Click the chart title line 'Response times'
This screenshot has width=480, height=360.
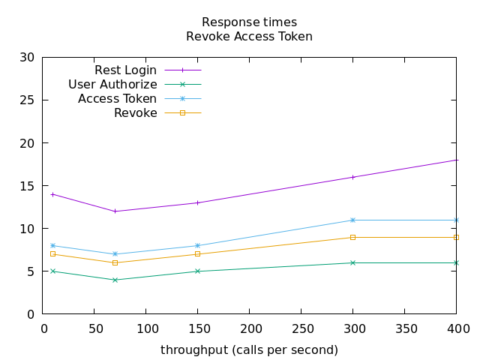[249, 22]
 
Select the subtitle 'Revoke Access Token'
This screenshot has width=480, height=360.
[249, 36]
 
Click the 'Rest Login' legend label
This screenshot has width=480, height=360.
[126, 70]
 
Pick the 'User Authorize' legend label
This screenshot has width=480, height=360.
[112, 85]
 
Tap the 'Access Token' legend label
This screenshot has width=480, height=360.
[117, 99]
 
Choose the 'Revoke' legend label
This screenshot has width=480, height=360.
[136, 113]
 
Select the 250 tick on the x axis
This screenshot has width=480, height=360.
[301, 328]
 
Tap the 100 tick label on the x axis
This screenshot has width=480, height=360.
[146, 328]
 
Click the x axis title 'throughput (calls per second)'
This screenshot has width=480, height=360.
[249, 350]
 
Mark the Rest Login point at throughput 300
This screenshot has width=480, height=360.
[352, 177]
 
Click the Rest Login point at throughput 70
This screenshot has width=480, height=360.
[115, 211]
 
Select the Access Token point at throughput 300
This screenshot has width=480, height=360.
[352, 220]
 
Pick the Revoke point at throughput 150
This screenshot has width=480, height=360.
[197, 254]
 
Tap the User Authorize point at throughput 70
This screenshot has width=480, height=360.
[115, 280]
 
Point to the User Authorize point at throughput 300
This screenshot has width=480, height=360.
[352, 262]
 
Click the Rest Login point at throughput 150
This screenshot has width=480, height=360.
[197, 202]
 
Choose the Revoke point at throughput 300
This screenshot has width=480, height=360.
[352, 237]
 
